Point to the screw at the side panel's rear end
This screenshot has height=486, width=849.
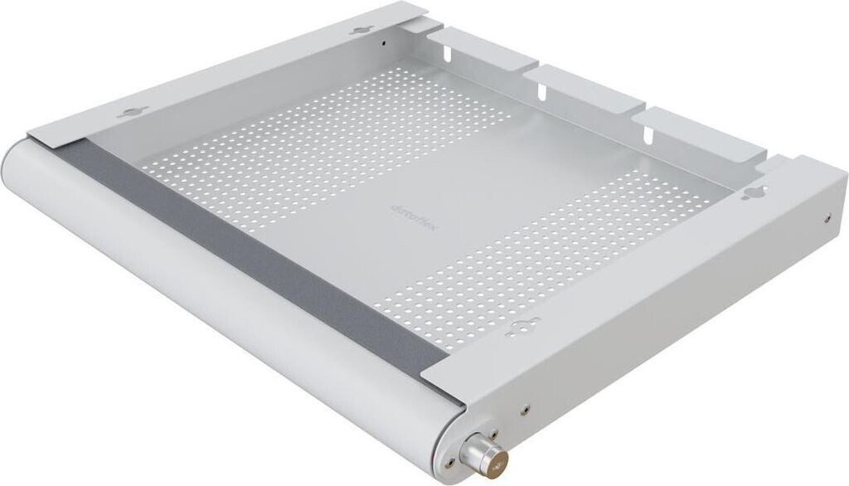[829, 220]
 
